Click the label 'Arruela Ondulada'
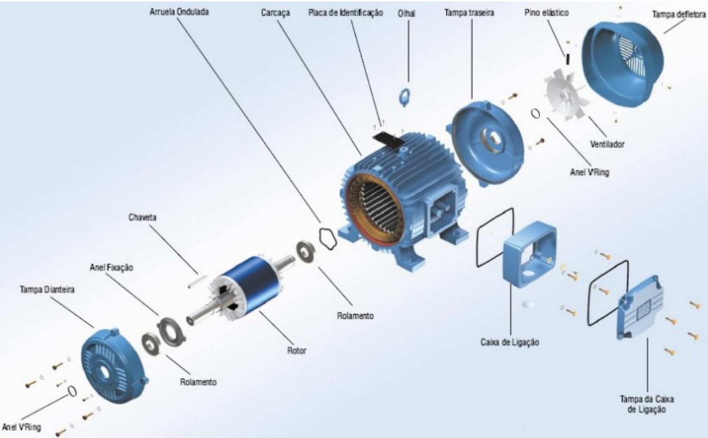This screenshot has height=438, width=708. [x=179, y=12]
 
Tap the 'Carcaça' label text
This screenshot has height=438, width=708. [x=275, y=13]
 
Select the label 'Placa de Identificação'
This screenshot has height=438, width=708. [x=345, y=13]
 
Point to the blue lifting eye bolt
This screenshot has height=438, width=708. [x=404, y=96]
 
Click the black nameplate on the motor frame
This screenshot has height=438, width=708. [x=388, y=139]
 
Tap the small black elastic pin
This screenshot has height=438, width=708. [x=568, y=59]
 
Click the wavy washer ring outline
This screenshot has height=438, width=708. [x=328, y=238]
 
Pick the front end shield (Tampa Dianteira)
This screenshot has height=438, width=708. [x=113, y=364]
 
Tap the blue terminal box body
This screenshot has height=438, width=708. [x=530, y=254]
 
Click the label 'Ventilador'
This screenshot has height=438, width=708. [x=607, y=144]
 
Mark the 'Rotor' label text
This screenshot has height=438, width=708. [x=297, y=350]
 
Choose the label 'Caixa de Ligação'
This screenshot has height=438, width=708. [x=510, y=343]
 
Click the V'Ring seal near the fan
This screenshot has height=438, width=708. [x=536, y=113]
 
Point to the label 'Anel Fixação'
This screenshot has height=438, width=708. [x=111, y=268]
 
